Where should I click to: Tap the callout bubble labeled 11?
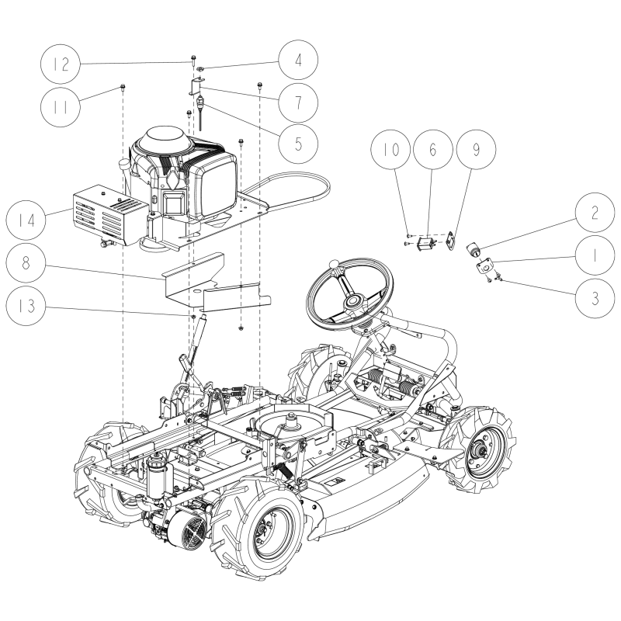[64, 105]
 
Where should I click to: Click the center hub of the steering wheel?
[353, 300]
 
